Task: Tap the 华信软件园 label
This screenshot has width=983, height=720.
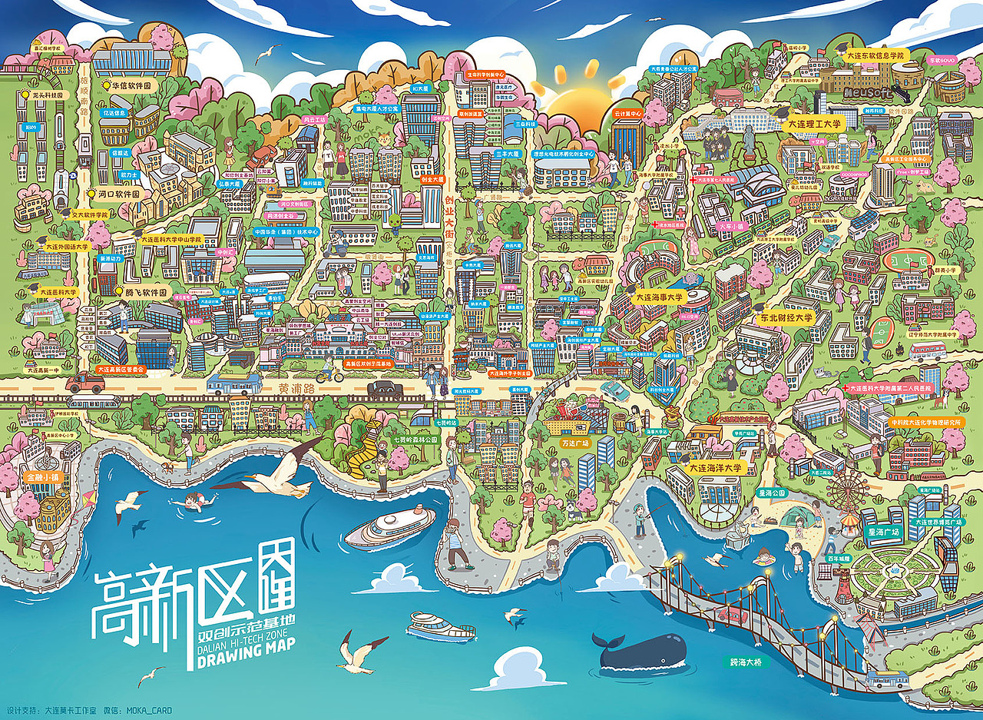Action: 134,86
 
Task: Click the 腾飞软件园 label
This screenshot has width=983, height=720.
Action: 145,293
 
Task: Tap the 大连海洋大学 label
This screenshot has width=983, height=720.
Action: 715,466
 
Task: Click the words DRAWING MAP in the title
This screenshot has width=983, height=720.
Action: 247,662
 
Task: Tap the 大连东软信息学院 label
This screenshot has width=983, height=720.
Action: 876,55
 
